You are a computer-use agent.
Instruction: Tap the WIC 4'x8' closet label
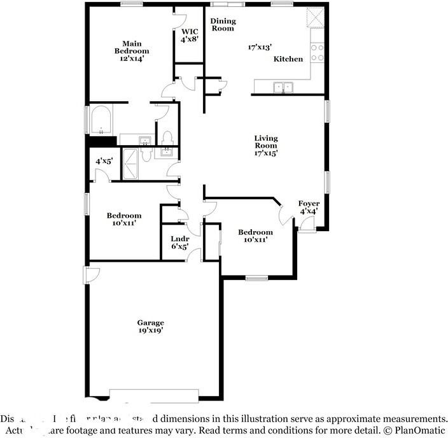(x=190, y=35)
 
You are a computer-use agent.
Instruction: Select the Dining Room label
(x=223, y=24)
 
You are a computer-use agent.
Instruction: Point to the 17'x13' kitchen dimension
(x=260, y=47)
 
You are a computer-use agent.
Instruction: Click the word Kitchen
(x=288, y=59)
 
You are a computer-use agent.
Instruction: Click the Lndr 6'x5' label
(x=180, y=243)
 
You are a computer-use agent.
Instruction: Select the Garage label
(x=151, y=323)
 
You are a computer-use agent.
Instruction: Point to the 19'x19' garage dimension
(x=151, y=331)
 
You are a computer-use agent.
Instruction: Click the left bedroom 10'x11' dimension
(x=123, y=223)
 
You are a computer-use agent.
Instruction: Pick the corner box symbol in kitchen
(x=314, y=17)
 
